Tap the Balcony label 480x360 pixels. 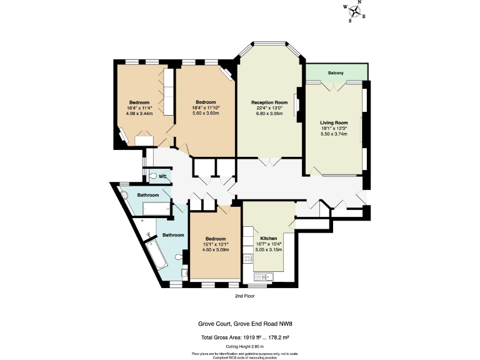(336, 73)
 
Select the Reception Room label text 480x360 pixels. (269, 102)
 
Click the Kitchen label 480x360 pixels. (269, 239)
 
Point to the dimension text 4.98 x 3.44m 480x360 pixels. (139, 114)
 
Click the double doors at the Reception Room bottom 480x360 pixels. (269, 162)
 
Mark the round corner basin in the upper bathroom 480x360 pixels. (124, 194)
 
